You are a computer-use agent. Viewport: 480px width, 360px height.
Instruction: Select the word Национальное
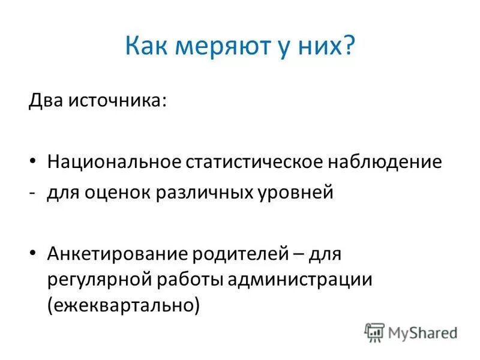(114, 162)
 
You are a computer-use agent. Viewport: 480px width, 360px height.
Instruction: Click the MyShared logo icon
(374, 332)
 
